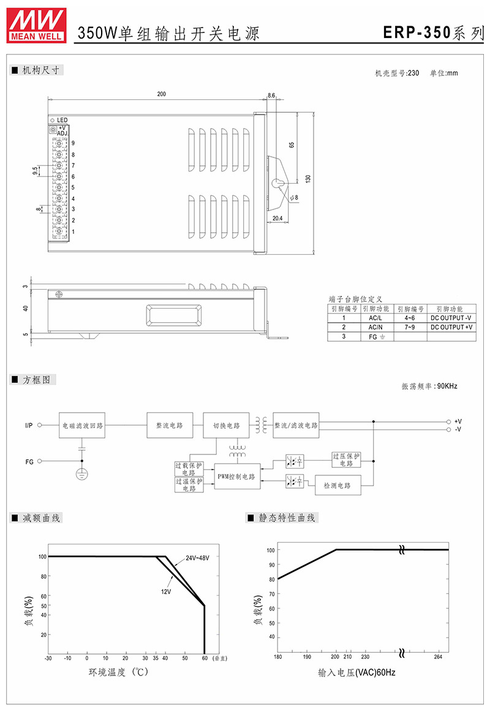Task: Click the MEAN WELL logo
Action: [x=36, y=25]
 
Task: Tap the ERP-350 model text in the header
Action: [x=417, y=32]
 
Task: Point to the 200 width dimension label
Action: [x=162, y=94]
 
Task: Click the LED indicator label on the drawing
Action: [x=62, y=120]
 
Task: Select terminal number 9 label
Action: [x=73, y=143]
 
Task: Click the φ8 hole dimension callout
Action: [x=294, y=198]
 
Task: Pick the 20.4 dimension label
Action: [x=277, y=218]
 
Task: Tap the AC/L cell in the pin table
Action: [x=375, y=318]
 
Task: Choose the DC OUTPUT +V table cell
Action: [x=451, y=327]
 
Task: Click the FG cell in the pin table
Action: [x=377, y=337]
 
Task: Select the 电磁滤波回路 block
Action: [x=82, y=426]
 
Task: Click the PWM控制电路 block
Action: [x=236, y=476]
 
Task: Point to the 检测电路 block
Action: [x=337, y=485]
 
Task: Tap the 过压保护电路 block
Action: [x=346, y=460]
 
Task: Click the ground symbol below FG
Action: [x=81, y=474]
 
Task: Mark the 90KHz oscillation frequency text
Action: [x=447, y=386]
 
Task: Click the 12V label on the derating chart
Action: [x=166, y=592]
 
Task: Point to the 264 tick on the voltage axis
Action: [x=438, y=656]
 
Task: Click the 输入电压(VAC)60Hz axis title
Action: [x=356, y=672]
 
